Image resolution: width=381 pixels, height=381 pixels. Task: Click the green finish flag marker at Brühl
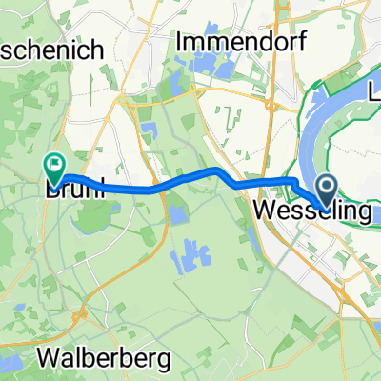pos(55,168)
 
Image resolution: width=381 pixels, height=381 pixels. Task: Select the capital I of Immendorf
pos(178,43)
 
